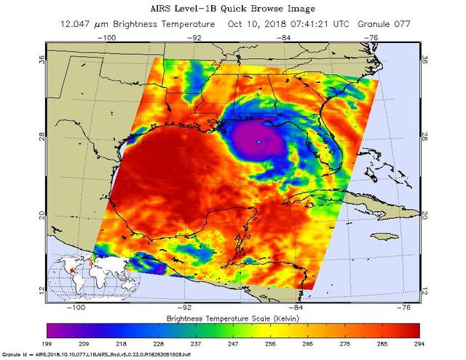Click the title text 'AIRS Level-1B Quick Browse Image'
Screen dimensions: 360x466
[232, 9]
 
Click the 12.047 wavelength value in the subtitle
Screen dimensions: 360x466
[92, 24]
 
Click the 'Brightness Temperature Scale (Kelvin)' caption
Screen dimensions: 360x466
[234, 318]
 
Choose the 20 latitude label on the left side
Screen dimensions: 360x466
[42, 214]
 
